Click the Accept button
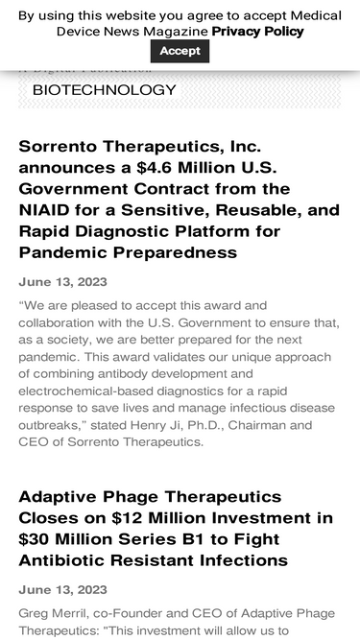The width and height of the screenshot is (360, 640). point(180,51)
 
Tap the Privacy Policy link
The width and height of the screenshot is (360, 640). point(257,31)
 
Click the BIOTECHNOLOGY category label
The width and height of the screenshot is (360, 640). point(105,89)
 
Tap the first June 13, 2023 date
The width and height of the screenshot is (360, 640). point(62,282)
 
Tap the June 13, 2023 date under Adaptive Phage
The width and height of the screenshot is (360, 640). point(62,590)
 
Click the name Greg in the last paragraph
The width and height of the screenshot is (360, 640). point(34,613)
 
